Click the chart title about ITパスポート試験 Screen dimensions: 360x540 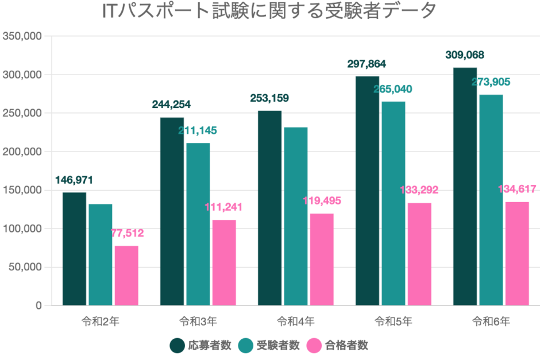pos(269,11)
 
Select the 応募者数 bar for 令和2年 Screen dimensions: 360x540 pos(74,249)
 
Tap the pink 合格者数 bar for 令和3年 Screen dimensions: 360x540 pos(224,262)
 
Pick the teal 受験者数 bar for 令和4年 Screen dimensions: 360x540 pos(295,216)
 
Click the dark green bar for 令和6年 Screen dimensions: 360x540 pos(465,187)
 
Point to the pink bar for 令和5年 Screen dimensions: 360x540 pos(419,254)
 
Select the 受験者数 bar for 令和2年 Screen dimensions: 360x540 pos(101,254)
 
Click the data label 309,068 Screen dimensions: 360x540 pos(465,55)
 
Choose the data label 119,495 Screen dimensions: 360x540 pos(322,201)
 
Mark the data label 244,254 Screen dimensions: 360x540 pos(171,104)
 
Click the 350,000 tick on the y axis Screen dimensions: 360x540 pos(22,36)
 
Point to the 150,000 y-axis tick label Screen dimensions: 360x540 pos(22,190)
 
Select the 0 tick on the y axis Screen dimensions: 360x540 pos(38,305)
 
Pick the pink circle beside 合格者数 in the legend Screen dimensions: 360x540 pos(314,346)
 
